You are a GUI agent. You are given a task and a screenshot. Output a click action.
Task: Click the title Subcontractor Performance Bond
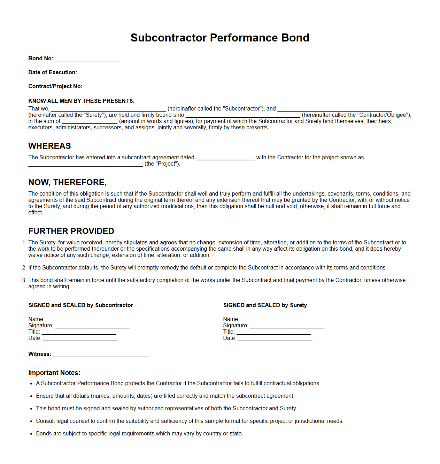[220, 38]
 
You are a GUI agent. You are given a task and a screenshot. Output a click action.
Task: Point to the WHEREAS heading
[49, 146]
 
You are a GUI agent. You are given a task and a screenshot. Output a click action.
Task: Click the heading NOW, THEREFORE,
[68, 182]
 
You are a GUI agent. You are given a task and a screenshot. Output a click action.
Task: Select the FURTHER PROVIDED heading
[71, 231]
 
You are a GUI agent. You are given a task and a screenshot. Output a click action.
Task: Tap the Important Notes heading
[54, 373]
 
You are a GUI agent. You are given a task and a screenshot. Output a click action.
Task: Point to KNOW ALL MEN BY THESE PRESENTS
[81, 101]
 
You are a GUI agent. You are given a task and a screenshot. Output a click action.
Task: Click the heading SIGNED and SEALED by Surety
[265, 305]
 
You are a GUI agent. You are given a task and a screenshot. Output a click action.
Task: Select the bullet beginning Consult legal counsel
[190, 421]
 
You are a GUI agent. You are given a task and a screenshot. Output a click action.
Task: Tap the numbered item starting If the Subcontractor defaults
[207, 267]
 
